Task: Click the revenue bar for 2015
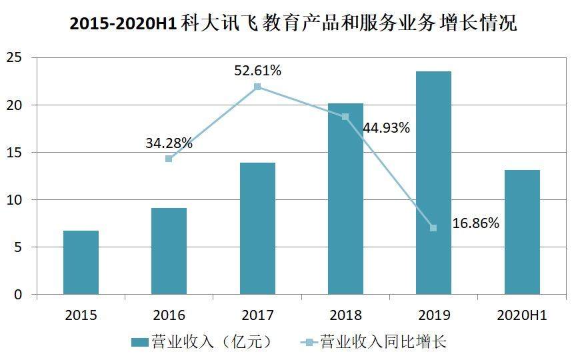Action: [x=81, y=263]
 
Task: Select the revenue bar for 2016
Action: [x=169, y=251]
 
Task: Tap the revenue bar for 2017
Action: [x=257, y=229]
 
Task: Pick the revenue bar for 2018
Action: [x=345, y=199]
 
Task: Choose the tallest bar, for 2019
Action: [x=433, y=183]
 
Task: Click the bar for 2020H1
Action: [x=522, y=232]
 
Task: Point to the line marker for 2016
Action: [x=169, y=159]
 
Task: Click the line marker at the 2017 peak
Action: [x=257, y=87]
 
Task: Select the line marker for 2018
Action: [x=345, y=117]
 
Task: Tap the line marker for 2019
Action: [x=433, y=228]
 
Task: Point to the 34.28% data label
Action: [x=169, y=143]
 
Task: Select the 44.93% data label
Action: [x=386, y=128]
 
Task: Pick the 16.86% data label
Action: [x=475, y=223]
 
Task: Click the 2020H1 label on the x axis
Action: [x=522, y=315]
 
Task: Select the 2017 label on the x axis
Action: [x=257, y=315]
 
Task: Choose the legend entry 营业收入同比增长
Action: [x=373, y=342]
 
